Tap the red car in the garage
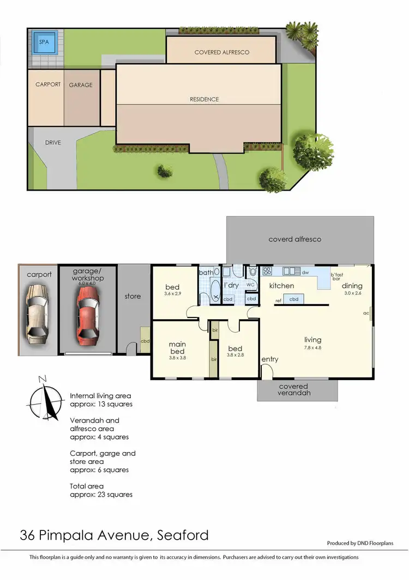pos(87,312)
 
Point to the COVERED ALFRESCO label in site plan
pos(222,52)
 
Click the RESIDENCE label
pos(204,99)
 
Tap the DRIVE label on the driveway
pos(53,143)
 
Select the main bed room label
pos(177,347)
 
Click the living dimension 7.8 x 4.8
pos(313,347)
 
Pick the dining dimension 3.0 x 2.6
pos(352,293)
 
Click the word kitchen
pos(282,285)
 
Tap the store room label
pos(133,296)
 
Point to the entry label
pos(270,359)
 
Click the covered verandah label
pos(293,389)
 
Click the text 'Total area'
pos(87,486)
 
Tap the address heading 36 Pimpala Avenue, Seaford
pos(114,535)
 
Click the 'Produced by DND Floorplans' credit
pos(360,543)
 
